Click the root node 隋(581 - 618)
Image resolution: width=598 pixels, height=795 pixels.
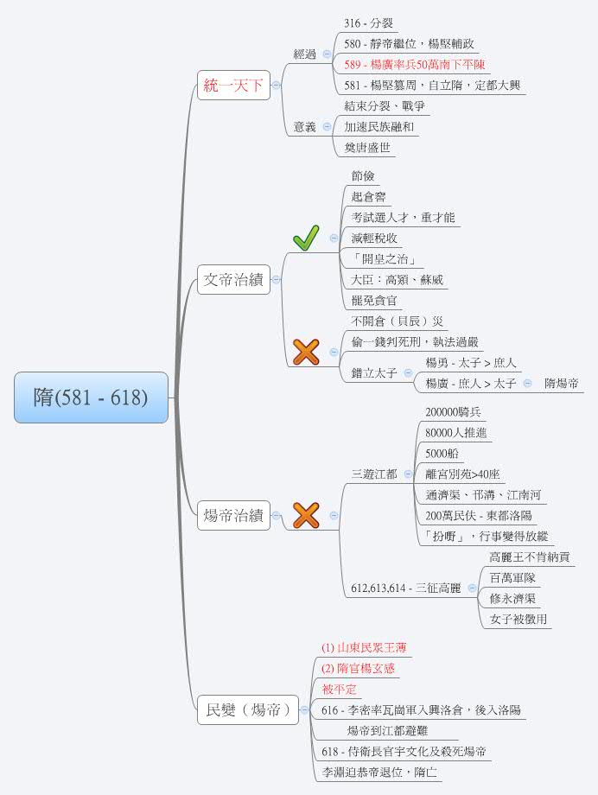tap(91, 397)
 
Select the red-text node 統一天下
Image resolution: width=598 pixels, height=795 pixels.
tap(233, 85)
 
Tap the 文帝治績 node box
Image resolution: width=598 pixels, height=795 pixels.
tap(233, 279)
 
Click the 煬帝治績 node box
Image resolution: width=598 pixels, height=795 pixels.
tap(233, 515)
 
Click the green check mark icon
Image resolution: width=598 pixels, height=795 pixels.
tap(306, 238)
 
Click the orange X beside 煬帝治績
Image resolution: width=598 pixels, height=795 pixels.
tap(306, 515)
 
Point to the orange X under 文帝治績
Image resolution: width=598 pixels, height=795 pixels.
tap(306, 352)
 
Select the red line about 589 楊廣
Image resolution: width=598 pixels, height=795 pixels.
tap(414, 64)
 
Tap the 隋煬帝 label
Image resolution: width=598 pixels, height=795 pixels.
tap(562, 383)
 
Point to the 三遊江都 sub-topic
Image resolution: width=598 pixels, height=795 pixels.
tap(374, 474)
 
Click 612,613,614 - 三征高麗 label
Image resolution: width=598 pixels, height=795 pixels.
tap(405, 588)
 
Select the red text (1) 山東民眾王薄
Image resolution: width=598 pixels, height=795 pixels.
tap(364, 647)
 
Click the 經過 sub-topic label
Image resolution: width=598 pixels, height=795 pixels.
tap(305, 54)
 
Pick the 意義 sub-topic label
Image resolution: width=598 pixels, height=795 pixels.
tap(305, 126)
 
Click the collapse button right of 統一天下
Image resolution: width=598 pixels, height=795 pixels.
tap(277, 85)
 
